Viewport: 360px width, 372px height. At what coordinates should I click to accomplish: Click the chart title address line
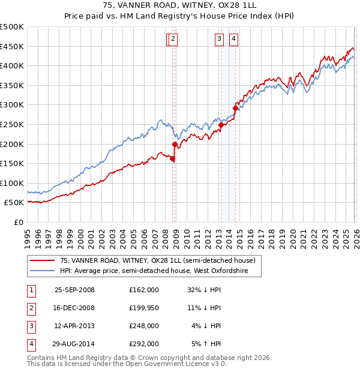(180, 5)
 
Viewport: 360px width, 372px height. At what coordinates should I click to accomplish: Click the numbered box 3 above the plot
(220, 39)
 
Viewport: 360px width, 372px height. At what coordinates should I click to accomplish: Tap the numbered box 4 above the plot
(233, 39)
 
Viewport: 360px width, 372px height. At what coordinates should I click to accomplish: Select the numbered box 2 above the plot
(172, 39)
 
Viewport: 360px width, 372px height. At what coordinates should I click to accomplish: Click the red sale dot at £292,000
(235, 108)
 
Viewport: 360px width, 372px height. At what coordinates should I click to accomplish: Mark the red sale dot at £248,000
(221, 125)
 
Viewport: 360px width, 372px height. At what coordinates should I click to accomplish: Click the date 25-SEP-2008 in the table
(74, 290)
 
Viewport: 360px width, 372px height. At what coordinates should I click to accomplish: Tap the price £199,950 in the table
(143, 308)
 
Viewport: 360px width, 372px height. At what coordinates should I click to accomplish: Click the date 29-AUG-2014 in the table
(74, 344)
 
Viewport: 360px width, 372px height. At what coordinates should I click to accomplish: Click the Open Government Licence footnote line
(127, 364)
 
